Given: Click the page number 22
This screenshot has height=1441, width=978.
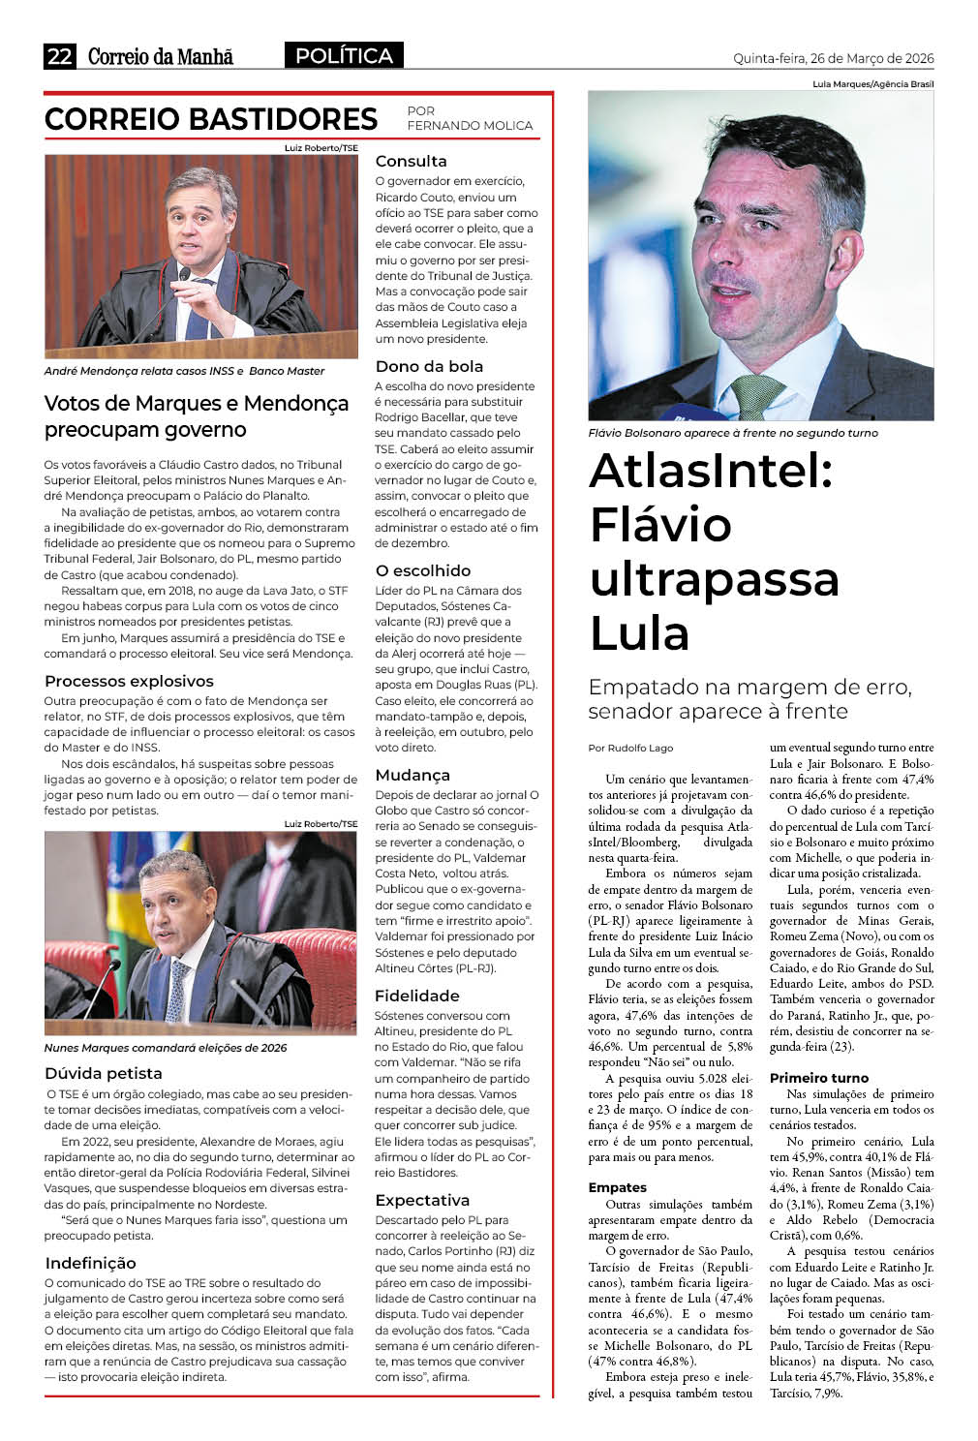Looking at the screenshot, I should [59, 56].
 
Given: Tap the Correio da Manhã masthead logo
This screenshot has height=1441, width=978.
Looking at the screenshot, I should [161, 56].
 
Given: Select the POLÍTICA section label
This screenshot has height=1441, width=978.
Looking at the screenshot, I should [344, 56].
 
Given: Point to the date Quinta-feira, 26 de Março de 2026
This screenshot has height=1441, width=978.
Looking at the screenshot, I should [833, 58].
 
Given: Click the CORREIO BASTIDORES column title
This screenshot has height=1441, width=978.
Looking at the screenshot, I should [211, 119].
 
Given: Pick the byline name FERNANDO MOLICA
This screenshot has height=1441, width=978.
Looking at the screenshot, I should [470, 125].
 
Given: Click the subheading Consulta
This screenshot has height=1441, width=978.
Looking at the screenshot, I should [411, 161].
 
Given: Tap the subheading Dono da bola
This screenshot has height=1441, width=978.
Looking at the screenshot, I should [429, 366].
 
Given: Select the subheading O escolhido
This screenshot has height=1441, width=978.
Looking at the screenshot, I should [422, 570].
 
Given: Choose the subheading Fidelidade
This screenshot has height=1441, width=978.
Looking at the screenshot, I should [416, 996].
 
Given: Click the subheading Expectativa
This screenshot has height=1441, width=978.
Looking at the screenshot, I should [421, 1200].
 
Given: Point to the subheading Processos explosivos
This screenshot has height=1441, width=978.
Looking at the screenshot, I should [129, 681].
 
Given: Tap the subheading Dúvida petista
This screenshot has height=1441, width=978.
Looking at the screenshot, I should [103, 1073].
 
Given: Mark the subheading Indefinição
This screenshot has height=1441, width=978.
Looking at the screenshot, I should [90, 1263].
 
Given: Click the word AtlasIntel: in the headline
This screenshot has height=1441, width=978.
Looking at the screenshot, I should [711, 471].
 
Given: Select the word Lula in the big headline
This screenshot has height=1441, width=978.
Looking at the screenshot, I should [639, 633].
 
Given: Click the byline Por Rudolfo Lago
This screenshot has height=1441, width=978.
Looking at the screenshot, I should [630, 748].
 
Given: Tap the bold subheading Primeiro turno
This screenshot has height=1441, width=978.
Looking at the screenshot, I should [818, 1078].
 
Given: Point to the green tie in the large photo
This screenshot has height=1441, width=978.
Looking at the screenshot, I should [756, 396].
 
